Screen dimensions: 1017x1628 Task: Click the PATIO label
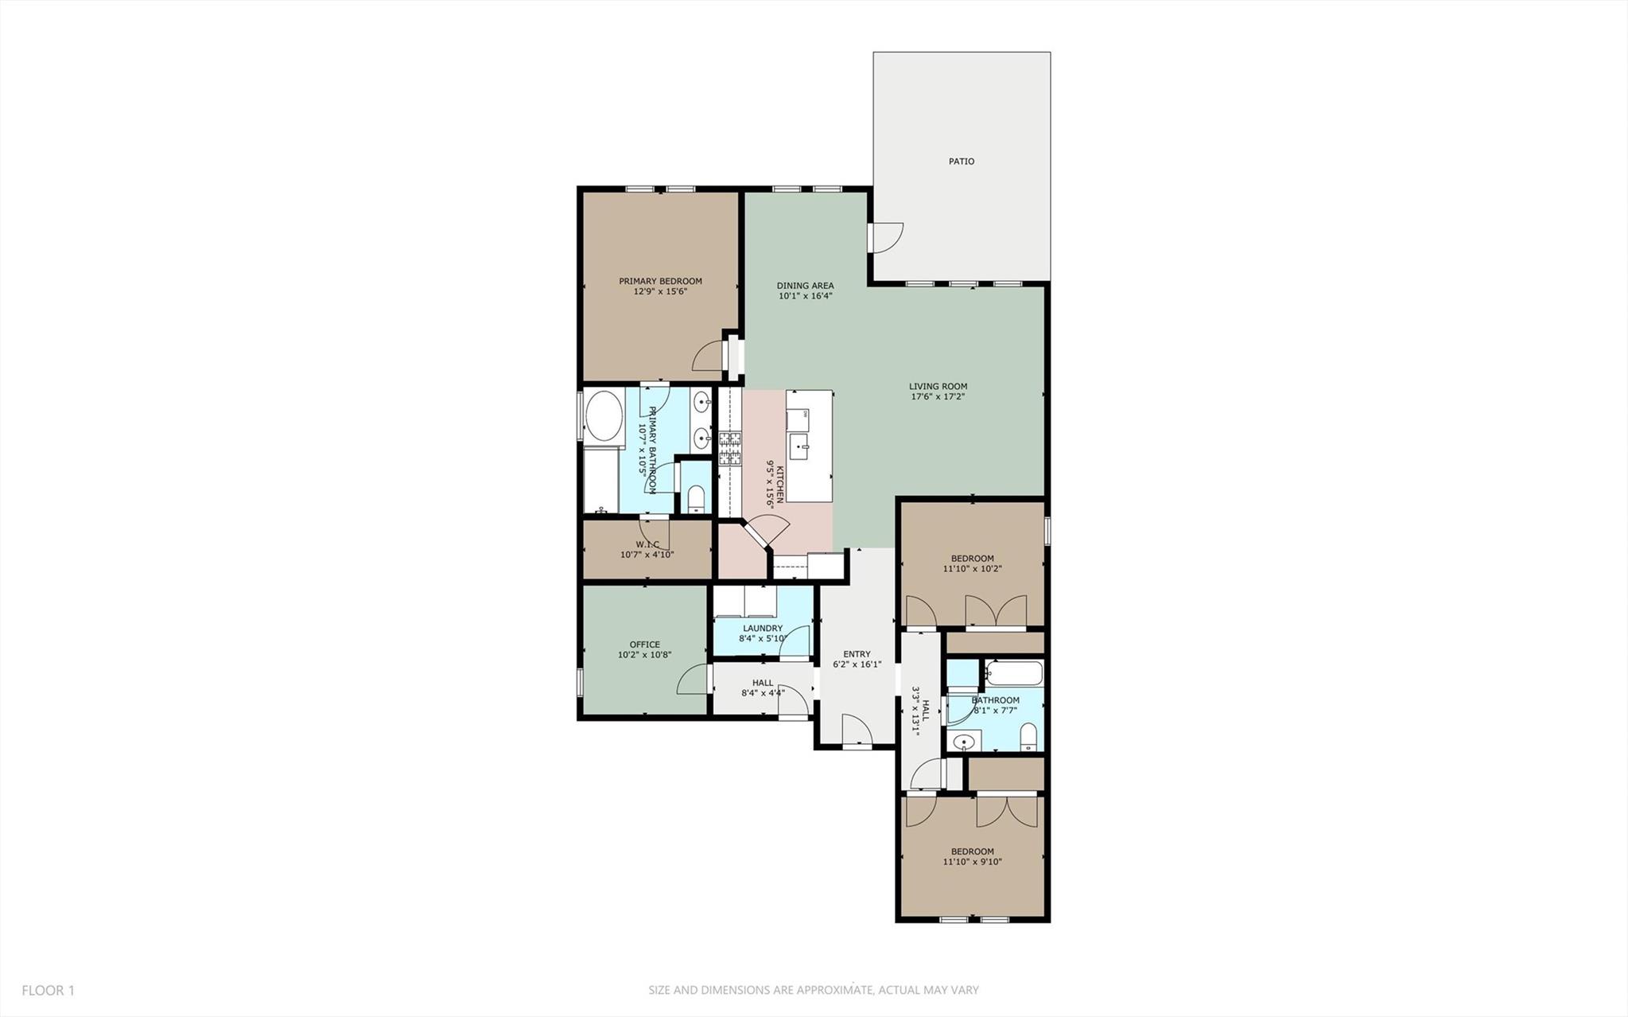click(x=961, y=162)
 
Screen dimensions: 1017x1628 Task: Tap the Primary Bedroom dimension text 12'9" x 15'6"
click(x=660, y=292)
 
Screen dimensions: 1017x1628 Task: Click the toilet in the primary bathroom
click(x=696, y=499)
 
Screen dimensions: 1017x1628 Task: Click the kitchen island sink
click(x=800, y=443)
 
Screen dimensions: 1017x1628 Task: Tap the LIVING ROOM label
click(x=938, y=387)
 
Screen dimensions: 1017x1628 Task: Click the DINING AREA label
click(x=805, y=286)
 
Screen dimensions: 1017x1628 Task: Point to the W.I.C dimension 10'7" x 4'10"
click(x=647, y=555)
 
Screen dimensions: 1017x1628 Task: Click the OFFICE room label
click(x=644, y=645)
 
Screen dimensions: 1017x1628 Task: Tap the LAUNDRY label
click(x=761, y=628)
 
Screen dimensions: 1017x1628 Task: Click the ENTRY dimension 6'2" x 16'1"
click(x=857, y=664)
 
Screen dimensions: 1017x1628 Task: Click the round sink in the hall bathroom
click(x=963, y=742)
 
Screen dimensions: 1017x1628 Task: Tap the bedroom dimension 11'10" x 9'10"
click(x=972, y=862)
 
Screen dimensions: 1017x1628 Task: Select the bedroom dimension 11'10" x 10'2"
click(x=972, y=569)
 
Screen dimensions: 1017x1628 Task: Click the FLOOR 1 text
click(x=48, y=991)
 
